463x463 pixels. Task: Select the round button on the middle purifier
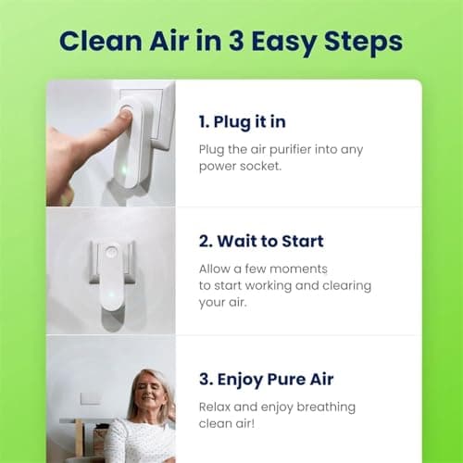point(110,253)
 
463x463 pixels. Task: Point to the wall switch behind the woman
point(91,397)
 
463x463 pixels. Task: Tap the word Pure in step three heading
point(297,379)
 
